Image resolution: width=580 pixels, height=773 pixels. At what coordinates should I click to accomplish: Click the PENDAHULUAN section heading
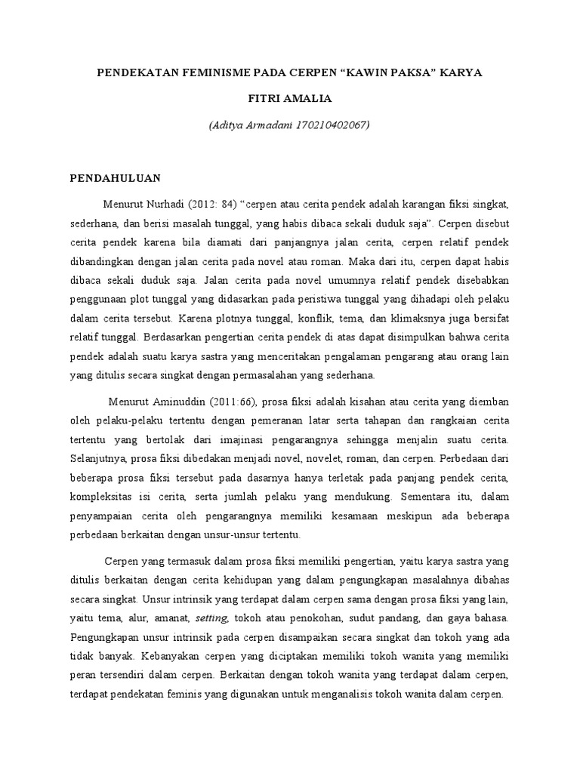pyautogui.click(x=116, y=178)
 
